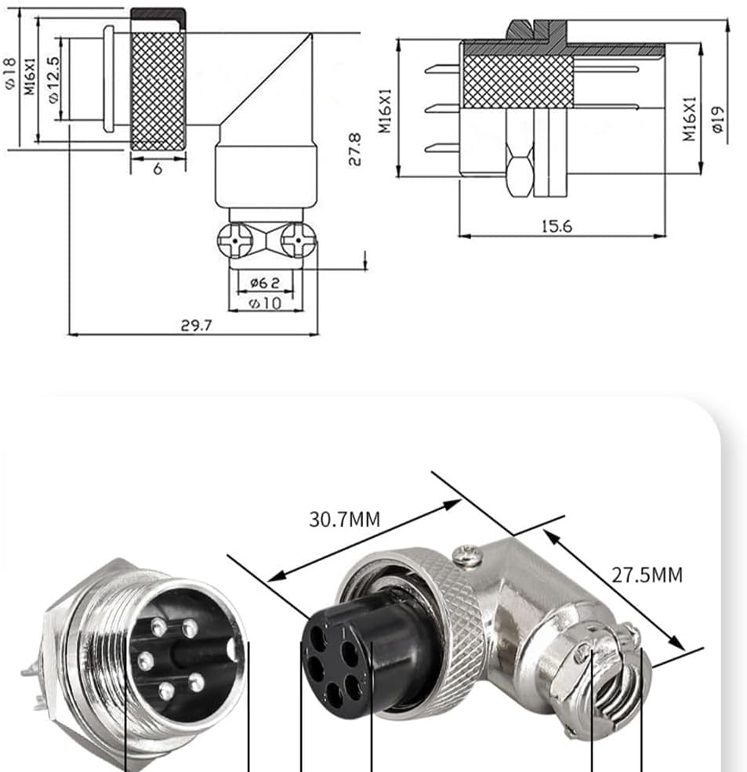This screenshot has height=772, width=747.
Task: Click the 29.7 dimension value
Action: [x=196, y=325]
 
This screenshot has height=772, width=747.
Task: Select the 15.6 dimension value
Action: [x=557, y=227]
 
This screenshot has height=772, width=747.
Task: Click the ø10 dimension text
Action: [x=264, y=303]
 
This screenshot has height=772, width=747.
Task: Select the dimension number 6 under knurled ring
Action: [x=158, y=168]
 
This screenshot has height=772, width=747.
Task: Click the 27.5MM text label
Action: [x=647, y=574]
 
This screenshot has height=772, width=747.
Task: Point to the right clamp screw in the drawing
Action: [x=297, y=240]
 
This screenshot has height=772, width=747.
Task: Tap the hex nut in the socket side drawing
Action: [x=517, y=172]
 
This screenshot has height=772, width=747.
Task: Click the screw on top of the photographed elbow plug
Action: [x=468, y=556]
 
